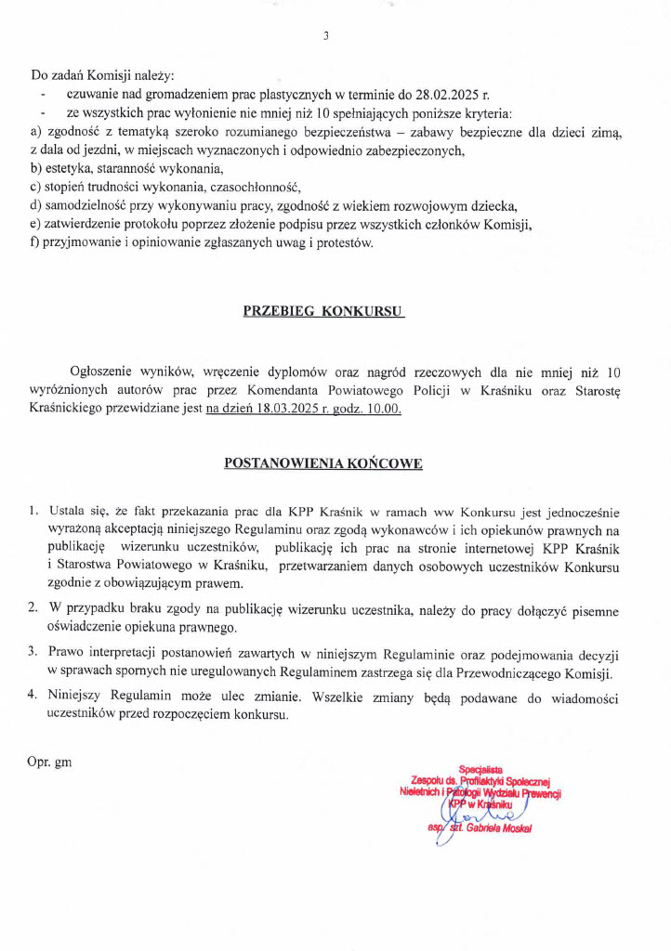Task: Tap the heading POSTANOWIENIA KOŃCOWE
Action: coord(323,462)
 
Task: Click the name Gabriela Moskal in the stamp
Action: coord(495,827)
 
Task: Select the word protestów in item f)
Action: coord(342,244)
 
